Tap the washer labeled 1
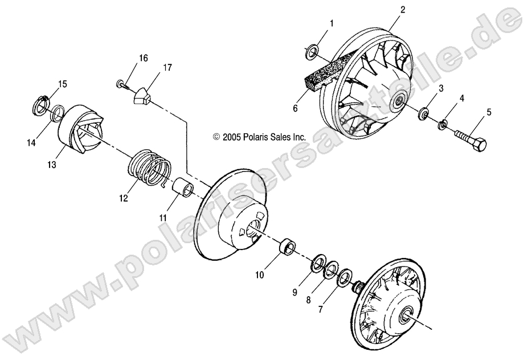pos(312,52)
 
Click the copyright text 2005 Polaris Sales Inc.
pos(259,137)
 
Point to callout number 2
pos(403,10)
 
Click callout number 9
pos(295,292)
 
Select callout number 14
pos(32,143)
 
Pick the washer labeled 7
pos(344,279)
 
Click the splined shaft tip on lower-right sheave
pos(359,288)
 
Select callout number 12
pos(124,199)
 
